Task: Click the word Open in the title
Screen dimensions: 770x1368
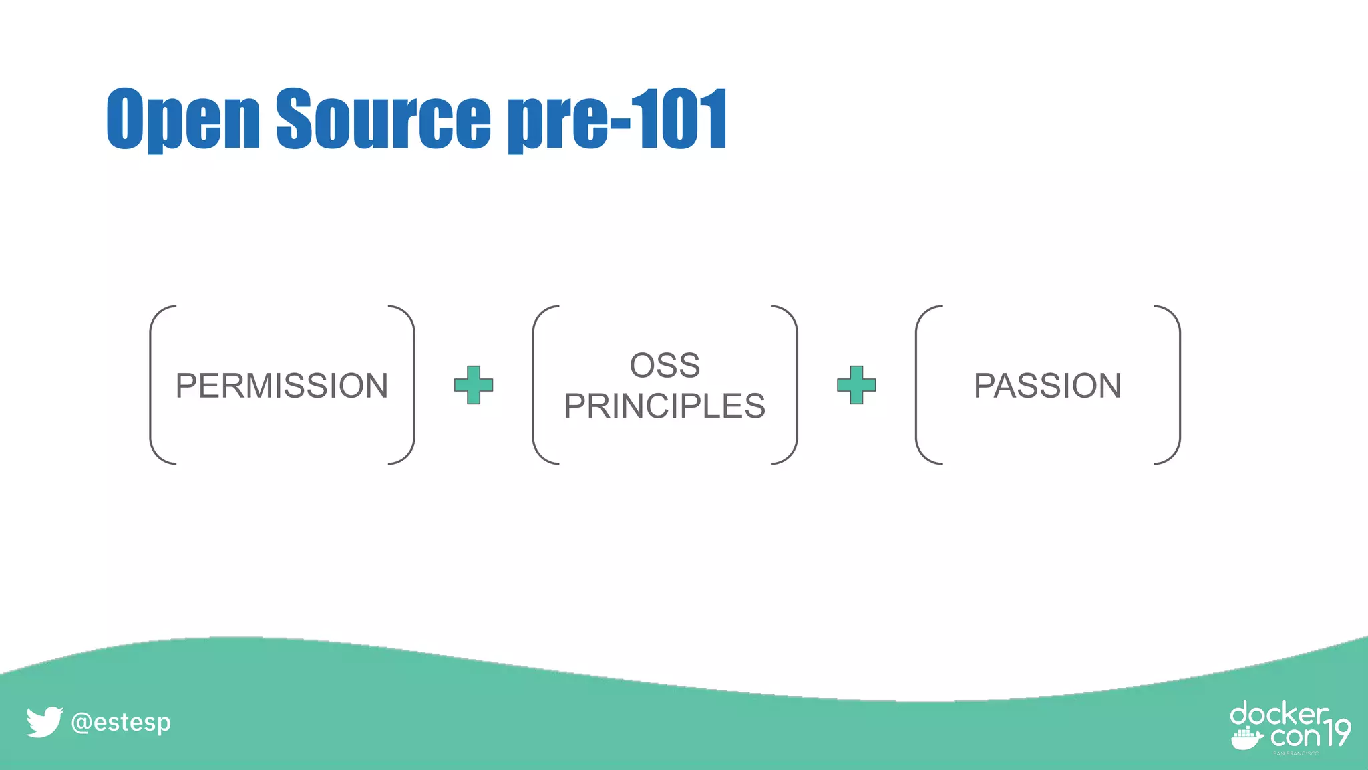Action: (182, 118)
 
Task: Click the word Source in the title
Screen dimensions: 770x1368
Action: (383, 118)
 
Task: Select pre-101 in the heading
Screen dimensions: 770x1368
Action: (617, 118)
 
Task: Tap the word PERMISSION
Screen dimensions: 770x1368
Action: (281, 386)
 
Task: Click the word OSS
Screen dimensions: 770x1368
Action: (665, 366)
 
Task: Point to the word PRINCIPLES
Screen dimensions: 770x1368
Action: (665, 406)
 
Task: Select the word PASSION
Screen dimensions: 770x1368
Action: (1047, 386)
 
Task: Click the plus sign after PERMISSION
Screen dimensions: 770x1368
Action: (474, 385)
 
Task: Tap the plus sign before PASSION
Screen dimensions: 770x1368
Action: (856, 385)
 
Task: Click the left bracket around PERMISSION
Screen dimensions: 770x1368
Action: (152, 385)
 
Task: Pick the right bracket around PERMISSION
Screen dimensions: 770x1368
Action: (412, 385)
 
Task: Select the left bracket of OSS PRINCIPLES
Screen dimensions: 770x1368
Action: (535, 385)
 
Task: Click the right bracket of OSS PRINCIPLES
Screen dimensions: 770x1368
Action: (795, 385)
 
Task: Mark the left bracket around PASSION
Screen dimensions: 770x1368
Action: (918, 385)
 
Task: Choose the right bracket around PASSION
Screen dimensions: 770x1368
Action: (1178, 385)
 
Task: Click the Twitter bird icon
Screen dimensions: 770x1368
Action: (44, 722)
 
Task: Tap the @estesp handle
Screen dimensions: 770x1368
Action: (121, 723)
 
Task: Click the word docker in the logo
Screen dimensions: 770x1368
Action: (1278, 715)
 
